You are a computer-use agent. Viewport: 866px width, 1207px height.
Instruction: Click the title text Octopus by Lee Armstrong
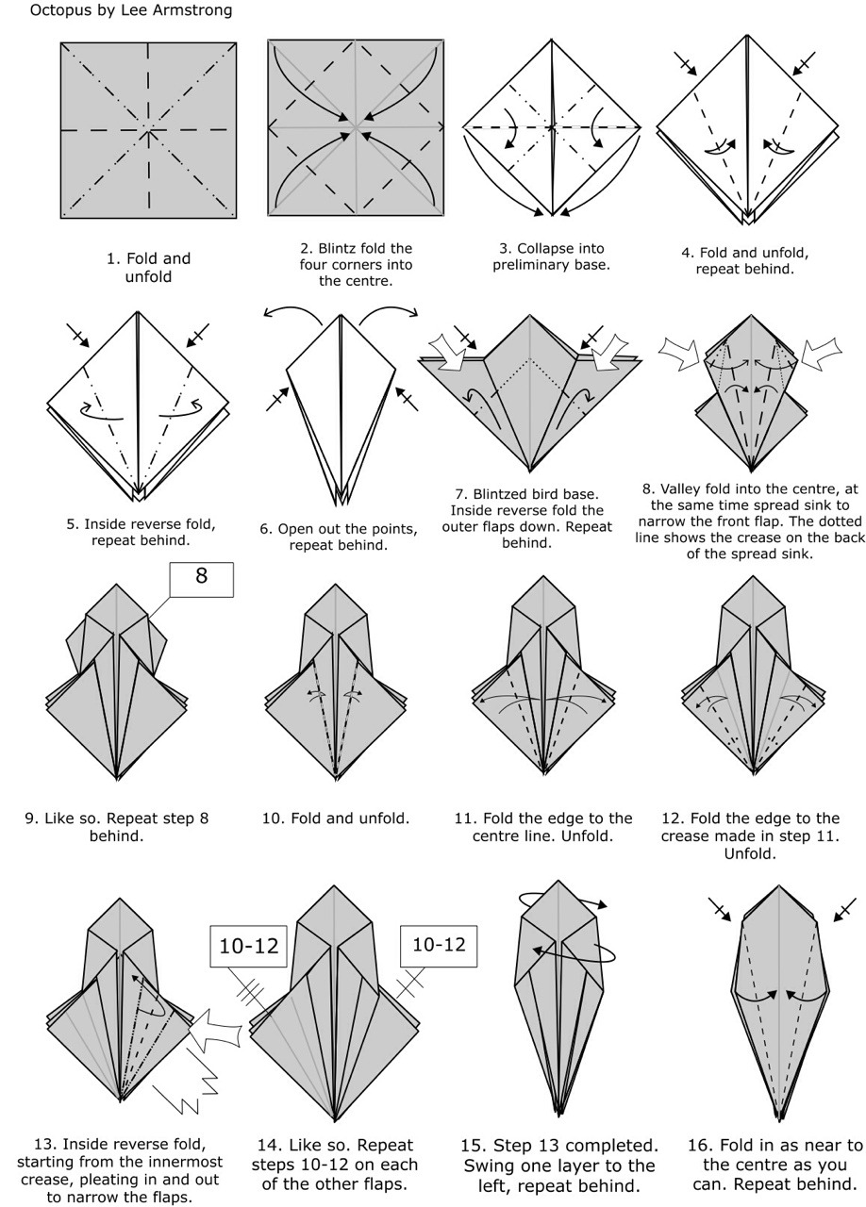(131, 10)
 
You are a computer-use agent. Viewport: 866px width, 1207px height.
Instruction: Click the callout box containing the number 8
(202, 579)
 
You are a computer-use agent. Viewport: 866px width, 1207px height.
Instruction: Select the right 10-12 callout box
(439, 946)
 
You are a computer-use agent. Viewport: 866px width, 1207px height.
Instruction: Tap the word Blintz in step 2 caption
(338, 248)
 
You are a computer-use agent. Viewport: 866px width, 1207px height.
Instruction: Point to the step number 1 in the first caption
(112, 258)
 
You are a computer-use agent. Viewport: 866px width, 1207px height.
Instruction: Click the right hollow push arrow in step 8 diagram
(821, 353)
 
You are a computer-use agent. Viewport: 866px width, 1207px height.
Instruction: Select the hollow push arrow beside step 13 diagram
(213, 1031)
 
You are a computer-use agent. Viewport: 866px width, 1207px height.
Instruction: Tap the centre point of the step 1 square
(148, 130)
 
